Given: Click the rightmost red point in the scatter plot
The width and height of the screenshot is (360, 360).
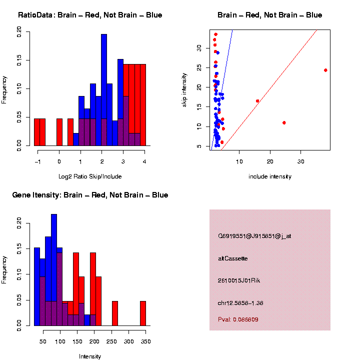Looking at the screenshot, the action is coord(325,70).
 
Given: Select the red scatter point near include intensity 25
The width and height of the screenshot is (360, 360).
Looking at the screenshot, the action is coord(284,123).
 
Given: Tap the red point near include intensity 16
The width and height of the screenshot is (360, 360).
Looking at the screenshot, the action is coord(257,101).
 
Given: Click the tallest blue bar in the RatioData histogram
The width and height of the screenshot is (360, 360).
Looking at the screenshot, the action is coord(104,90).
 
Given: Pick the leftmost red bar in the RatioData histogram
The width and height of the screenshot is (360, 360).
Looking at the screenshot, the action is coord(37,132).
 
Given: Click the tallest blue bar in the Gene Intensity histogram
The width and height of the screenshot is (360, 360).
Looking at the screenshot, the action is coord(54,270).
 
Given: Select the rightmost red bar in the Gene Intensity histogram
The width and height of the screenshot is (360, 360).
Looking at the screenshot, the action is coord(143,313).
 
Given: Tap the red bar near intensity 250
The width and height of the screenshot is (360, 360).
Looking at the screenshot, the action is coord(115,313).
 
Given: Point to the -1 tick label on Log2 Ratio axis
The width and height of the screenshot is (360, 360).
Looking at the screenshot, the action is coord(37,162).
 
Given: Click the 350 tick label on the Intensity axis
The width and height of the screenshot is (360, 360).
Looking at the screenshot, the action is coord(146,341).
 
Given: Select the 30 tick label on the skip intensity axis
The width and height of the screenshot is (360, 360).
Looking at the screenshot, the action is coord(199,48).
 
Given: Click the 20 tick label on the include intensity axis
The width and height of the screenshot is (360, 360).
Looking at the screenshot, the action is coord(270,161).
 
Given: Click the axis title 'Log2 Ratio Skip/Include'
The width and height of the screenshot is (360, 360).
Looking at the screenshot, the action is coord(90,176).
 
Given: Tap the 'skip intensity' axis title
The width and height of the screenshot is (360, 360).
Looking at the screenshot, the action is coord(184,90).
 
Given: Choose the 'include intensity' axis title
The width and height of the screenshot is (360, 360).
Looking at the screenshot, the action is coord(270,176).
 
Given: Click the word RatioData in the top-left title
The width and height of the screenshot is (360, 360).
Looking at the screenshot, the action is coord(35,15).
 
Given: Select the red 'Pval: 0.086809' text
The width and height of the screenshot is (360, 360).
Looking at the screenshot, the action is coord(238,319).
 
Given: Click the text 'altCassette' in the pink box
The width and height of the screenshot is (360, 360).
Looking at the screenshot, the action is coord(233,258).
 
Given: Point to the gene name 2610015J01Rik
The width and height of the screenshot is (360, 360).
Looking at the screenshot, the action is coord(239,280).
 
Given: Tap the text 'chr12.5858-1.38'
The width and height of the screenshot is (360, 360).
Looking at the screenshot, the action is coord(240,303).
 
